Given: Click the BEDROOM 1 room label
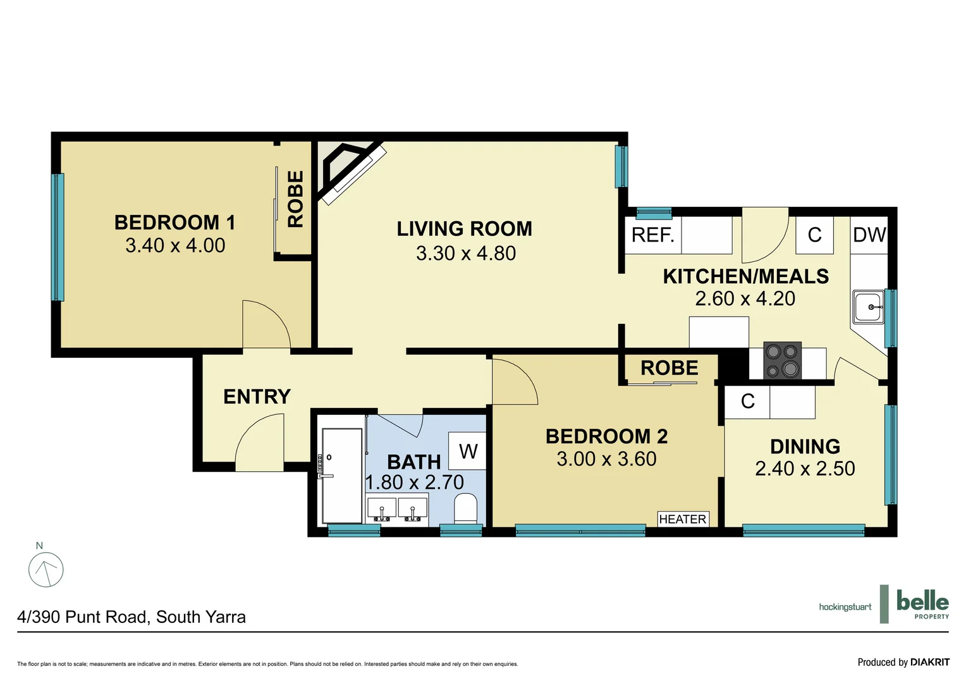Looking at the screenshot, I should pos(174,223).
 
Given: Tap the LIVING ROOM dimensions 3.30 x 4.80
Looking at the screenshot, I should pos(465,254).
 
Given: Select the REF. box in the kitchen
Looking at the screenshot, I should pos(653,235).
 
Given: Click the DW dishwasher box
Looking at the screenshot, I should pos(869,235).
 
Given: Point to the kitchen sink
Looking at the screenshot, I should pos(869,307).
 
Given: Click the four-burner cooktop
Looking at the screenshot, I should pos(782,360).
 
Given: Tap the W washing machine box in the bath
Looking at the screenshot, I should pos(468,451).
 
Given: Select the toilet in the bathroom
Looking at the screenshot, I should pos(465,508).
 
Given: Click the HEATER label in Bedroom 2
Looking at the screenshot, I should pos(683,519).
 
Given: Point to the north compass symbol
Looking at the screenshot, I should pos(46,569).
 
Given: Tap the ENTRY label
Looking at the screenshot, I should pos(257,397).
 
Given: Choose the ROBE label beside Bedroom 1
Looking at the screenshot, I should pos(295,199).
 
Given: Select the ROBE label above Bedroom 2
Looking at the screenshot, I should pos(669,368).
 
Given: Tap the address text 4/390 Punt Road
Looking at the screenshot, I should pos(131,617).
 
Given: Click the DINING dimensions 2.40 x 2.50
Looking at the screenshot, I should pos(805,469).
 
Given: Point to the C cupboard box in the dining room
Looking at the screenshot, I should pos(747,402).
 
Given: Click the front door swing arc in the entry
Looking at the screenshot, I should pos(260,443).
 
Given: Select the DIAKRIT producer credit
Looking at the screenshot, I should pos(903,662).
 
